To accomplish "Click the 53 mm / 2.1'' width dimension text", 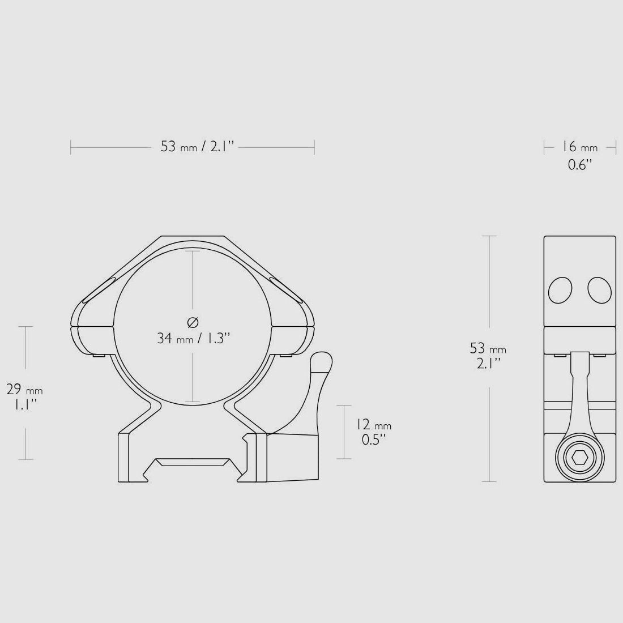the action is click(198, 147).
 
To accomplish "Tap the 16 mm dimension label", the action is click(580, 147).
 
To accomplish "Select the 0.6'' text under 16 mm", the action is click(580, 164).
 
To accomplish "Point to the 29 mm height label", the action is click(24, 390).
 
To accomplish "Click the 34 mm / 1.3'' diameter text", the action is click(194, 339).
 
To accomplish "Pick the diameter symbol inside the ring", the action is click(193, 322).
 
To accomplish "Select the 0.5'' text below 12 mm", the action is click(374, 440).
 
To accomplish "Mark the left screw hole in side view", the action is click(560, 290).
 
